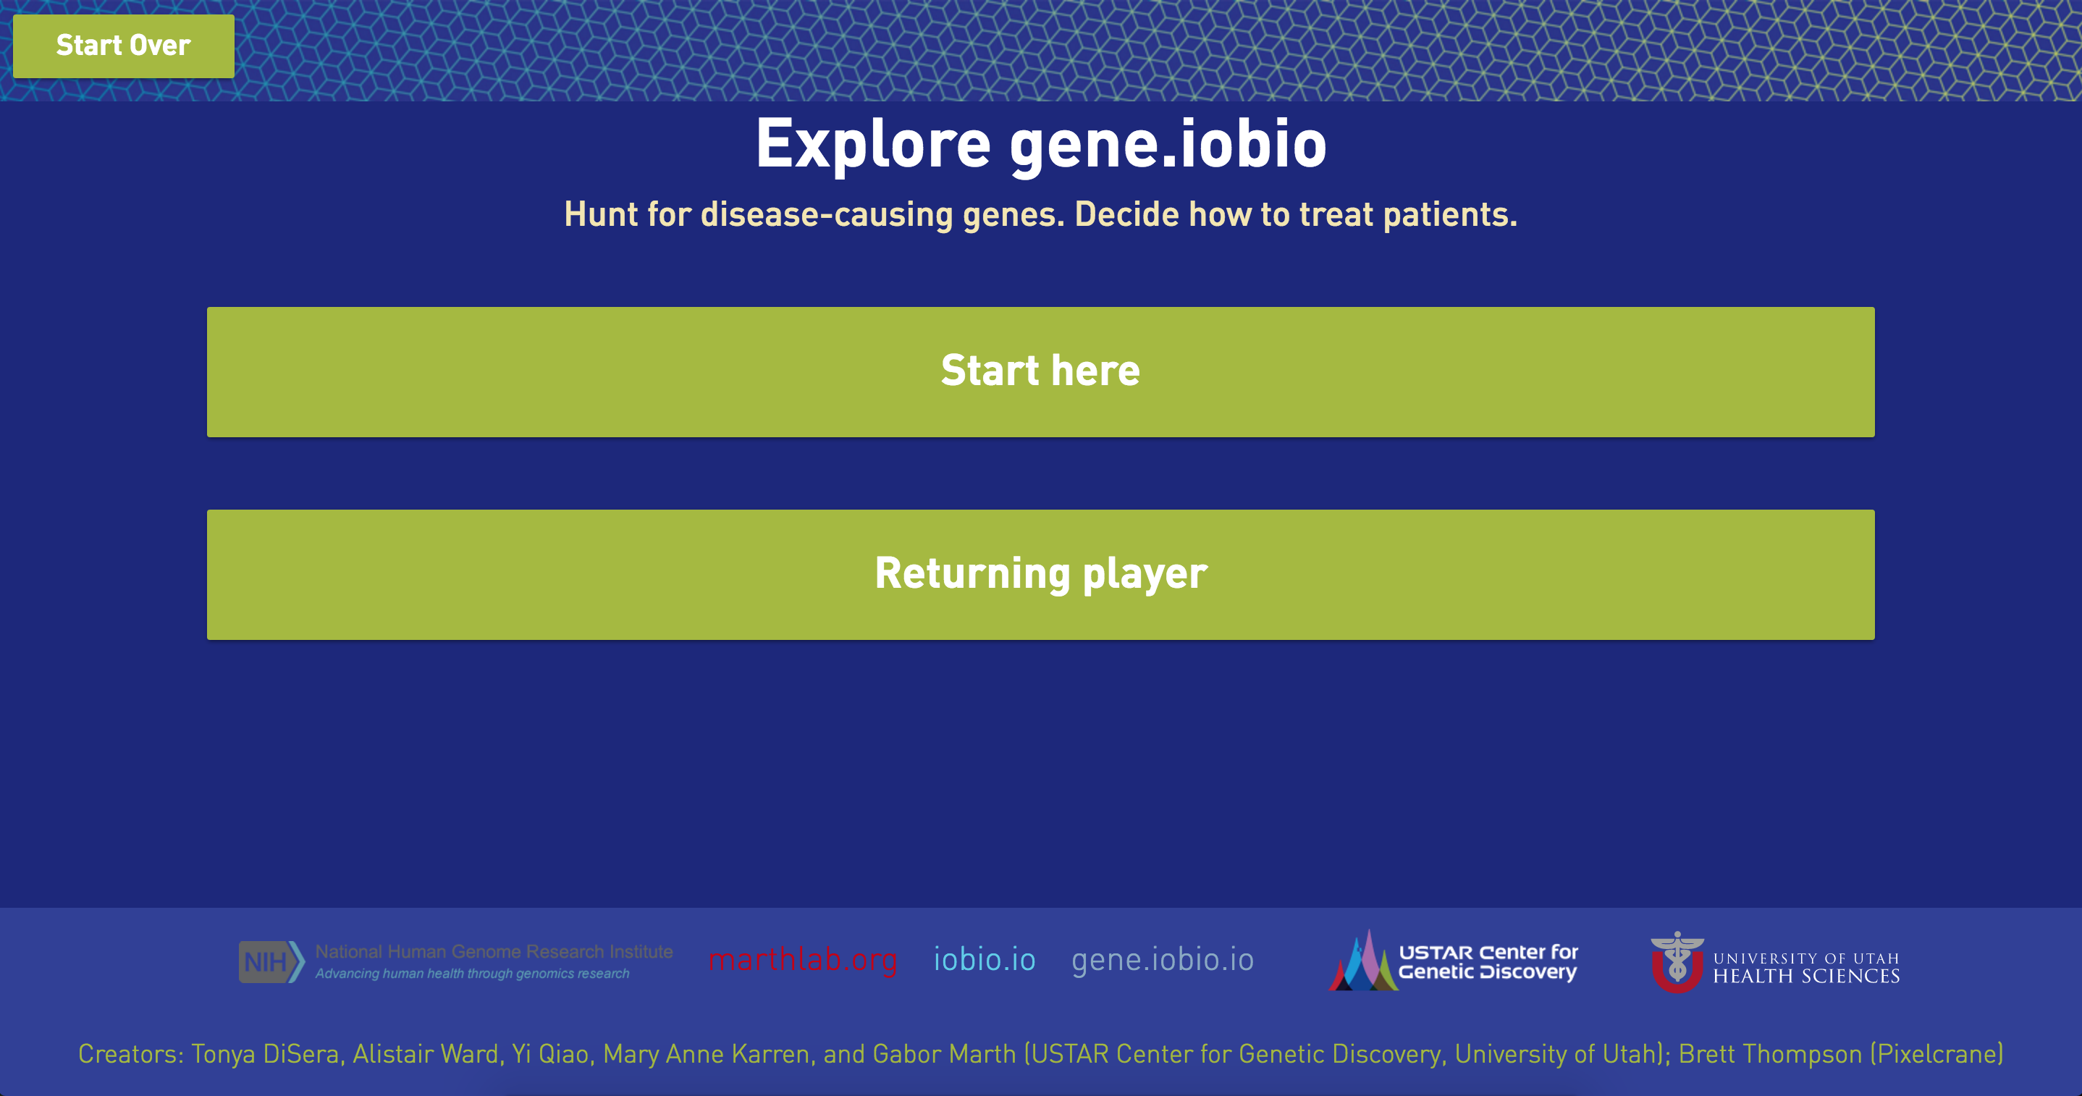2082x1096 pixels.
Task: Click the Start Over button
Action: [124, 46]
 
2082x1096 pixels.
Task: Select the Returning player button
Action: [1041, 575]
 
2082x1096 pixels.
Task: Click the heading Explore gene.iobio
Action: [1041, 144]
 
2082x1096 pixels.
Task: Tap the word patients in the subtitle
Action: [1450, 215]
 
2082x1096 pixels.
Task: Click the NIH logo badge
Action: [271, 962]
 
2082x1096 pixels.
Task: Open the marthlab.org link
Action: [803, 959]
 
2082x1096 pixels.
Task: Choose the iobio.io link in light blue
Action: [985, 959]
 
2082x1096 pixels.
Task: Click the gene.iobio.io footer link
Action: [1162, 960]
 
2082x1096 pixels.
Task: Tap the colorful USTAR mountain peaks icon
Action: [1362, 961]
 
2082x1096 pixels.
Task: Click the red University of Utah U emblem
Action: [1677, 963]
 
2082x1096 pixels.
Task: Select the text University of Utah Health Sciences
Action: [1806, 967]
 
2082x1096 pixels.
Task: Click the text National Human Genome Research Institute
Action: [494, 951]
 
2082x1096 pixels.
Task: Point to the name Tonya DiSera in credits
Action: [265, 1054]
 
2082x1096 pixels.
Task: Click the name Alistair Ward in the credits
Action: [425, 1054]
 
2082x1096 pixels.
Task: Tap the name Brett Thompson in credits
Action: [1770, 1054]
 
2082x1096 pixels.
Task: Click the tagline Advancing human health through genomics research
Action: [472, 974]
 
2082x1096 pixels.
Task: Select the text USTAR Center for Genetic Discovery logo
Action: [1488, 962]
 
